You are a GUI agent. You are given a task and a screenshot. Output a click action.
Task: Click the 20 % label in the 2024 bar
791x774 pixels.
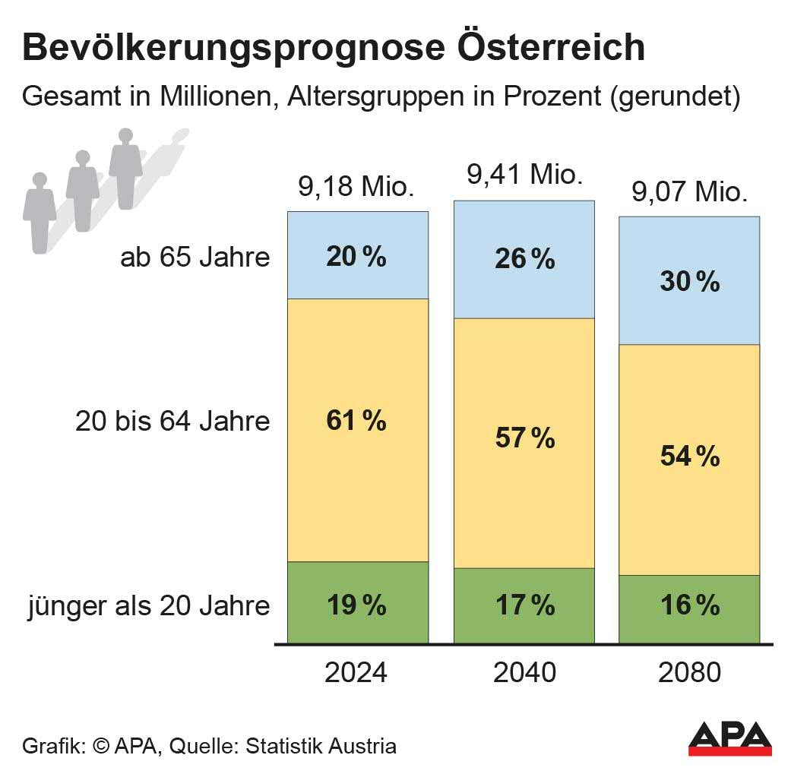(x=356, y=257)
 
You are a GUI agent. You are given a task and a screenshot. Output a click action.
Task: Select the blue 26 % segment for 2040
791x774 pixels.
(x=524, y=259)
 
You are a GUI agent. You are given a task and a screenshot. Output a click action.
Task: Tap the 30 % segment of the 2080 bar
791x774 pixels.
(x=689, y=282)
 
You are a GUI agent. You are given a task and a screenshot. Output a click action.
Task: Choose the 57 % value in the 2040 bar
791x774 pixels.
(x=524, y=438)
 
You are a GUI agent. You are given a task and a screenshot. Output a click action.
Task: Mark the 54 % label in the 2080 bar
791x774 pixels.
(x=689, y=457)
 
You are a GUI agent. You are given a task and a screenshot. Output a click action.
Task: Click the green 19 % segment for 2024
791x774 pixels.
(x=356, y=605)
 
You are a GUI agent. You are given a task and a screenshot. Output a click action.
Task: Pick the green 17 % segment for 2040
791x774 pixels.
(x=524, y=605)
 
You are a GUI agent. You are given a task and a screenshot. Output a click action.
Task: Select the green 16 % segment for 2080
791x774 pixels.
(x=689, y=605)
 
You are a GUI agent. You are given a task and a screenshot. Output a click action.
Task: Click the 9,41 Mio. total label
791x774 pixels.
(x=524, y=175)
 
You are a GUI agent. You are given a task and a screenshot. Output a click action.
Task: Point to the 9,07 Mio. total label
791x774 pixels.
(x=690, y=192)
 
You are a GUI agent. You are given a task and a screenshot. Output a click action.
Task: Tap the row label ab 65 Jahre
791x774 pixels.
(x=195, y=257)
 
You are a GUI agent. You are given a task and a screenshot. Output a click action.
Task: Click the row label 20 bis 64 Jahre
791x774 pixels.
(x=172, y=421)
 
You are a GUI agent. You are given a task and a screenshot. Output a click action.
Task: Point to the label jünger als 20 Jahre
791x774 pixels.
(x=149, y=606)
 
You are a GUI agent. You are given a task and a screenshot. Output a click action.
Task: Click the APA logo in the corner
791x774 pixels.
(x=729, y=739)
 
